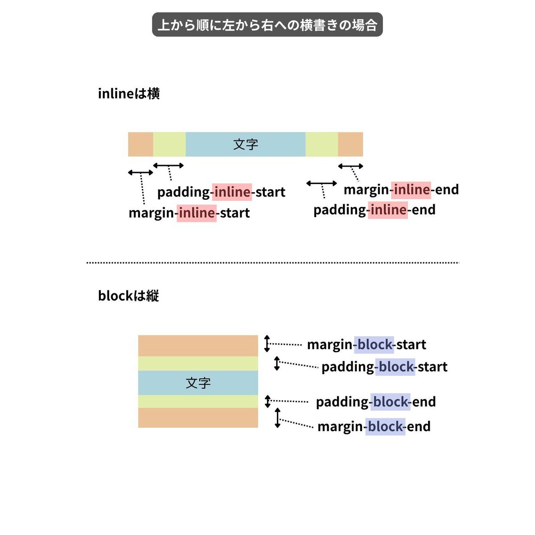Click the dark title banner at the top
[x=267, y=25]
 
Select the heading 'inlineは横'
[x=129, y=94]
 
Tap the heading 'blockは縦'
[x=128, y=296]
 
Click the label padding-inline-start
[x=221, y=192]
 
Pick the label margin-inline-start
[x=189, y=213]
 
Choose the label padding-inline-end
[x=374, y=210]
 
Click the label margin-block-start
[x=366, y=345]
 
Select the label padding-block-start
[x=384, y=367]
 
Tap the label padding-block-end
[x=376, y=402]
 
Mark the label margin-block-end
[x=374, y=427]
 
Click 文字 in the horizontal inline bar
[x=246, y=144]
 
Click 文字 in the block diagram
[x=198, y=383]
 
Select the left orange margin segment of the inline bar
[x=140, y=144]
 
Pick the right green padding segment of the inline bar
[x=322, y=144]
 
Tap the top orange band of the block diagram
[x=198, y=346]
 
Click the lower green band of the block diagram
[x=198, y=401]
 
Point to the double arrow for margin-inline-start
[x=140, y=173]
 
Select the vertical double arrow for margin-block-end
[x=278, y=418]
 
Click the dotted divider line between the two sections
[x=273, y=262]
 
